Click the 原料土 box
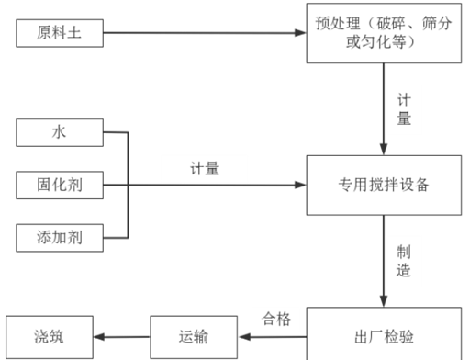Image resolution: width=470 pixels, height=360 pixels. tap(59, 36)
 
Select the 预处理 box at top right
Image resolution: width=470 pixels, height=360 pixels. tap(384, 33)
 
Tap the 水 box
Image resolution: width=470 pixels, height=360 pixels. tap(59, 133)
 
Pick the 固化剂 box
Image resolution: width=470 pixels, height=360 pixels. tap(59, 186)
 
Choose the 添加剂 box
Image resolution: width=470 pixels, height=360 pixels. tap(59, 237)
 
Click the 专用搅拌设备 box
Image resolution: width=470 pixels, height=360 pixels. tap(384, 185)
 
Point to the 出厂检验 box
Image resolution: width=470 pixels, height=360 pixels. tap(384, 332)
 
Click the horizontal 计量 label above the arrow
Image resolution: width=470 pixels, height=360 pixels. tap(205, 168)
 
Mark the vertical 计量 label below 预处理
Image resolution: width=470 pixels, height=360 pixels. tap(403, 108)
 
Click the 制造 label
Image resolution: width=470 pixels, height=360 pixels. tap(403, 261)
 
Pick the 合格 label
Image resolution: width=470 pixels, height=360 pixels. tap(275, 319)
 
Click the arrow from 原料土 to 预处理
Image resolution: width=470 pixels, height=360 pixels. tap(202, 36)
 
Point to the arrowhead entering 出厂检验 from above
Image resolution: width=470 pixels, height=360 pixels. tap(384, 300)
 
